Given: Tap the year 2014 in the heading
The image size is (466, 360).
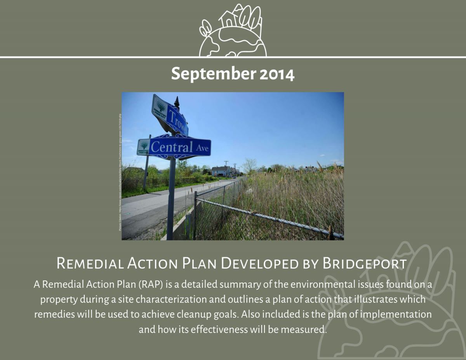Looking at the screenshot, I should point(277,74).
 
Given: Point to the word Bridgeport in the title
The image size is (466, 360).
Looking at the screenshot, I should point(364,263).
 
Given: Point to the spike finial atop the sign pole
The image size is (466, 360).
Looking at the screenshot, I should point(177,102).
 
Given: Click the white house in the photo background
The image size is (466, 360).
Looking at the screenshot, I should point(220,170).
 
